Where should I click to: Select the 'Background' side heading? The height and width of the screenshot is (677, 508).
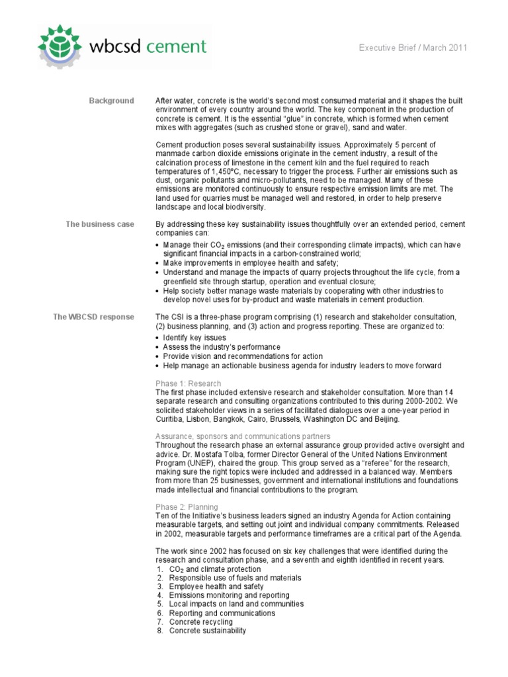[x=111, y=100]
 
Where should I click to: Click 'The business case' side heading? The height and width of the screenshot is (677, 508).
[x=99, y=224]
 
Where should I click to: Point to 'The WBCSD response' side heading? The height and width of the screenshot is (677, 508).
[x=93, y=317]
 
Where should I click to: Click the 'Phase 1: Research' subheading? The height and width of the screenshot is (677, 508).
[x=188, y=383]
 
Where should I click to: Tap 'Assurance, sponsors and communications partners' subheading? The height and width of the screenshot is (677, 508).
[x=243, y=436]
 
